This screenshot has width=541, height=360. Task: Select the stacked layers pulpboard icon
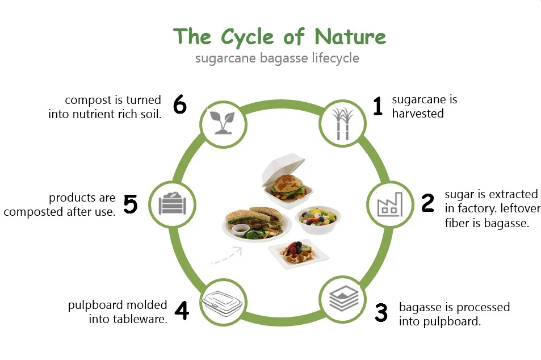(343, 299)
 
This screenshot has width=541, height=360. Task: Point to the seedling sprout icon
(223, 122)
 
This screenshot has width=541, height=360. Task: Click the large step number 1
(379, 106)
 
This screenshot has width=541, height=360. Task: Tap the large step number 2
(427, 203)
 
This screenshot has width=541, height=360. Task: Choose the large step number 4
(181, 311)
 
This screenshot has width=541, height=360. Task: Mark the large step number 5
(130, 204)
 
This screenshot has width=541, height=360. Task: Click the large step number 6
(179, 105)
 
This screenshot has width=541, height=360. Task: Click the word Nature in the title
(350, 37)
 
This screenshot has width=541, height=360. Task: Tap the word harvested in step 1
(417, 113)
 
